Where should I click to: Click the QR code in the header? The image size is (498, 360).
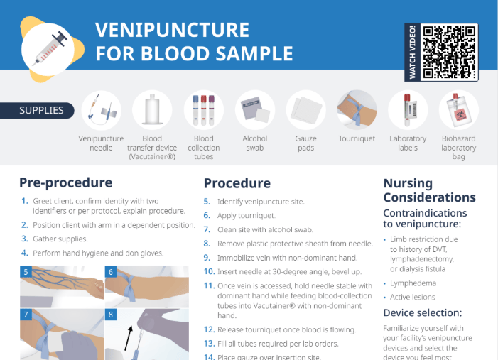[x=449, y=52]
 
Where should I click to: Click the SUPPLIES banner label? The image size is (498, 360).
[x=41, y=110]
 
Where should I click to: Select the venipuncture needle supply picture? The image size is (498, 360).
[x=101, y=109]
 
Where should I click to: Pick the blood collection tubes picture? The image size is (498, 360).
[x=203, y=109]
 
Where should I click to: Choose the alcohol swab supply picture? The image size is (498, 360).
[x=254, y=109]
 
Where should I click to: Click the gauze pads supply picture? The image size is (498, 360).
[x=305, y=109]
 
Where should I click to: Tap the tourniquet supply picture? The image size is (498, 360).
[x=357, y=109]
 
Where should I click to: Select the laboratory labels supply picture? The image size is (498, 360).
[x=408, y=109]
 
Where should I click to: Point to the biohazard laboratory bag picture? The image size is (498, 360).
[x=458, y=109]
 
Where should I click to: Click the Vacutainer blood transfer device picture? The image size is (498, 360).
[x=152, y=109]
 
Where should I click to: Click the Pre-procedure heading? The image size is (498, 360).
[x=65, y=182]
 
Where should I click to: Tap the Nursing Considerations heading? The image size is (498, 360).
[x=429, y=190]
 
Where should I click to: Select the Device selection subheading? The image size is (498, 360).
[x=423, y=312]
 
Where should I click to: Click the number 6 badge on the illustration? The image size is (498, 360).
[x=111, y=272]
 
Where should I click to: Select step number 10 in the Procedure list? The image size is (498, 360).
[x=209, y=271]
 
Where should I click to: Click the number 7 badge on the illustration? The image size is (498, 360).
[x=26, y=313]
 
